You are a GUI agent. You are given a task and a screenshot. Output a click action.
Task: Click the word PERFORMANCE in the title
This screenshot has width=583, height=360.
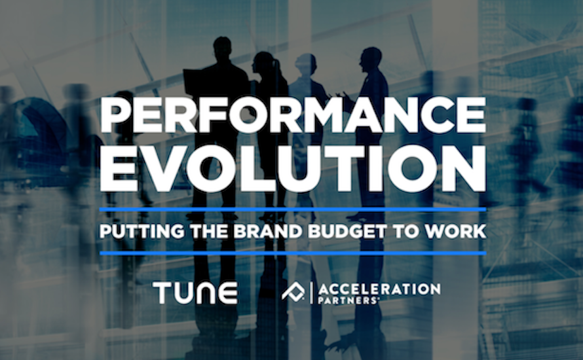click(x=293, y=115)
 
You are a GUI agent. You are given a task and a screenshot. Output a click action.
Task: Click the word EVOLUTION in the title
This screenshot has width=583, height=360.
click(x=293, y=168)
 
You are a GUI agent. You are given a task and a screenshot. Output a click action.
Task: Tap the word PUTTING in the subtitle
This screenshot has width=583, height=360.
click(x=142, y=232)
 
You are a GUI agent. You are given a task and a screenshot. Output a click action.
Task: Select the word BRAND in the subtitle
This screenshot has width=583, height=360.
click(x=268, y=232)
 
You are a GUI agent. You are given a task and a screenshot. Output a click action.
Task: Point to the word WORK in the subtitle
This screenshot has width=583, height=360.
click(x=456, y=232)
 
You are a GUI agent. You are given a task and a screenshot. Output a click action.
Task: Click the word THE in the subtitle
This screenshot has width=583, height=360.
click(x=210, y=232)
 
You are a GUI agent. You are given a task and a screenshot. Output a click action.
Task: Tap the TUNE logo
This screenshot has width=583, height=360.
click(x=195, y=293)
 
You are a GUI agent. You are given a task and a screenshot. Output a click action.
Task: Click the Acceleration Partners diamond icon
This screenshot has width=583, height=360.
click(x=293, y=291)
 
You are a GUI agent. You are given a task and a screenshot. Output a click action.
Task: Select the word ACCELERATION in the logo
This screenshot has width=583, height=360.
click(x=379, y=289)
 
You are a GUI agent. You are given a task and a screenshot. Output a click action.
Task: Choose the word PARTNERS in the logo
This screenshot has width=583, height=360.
click(x=348, y=300)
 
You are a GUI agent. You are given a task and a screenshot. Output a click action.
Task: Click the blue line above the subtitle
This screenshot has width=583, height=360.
click(x=293, y=209)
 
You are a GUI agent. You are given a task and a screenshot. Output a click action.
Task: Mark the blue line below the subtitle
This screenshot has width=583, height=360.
click(x=293, y=253)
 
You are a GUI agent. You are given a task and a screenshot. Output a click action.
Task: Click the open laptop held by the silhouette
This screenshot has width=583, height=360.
click(x=195, y=84)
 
